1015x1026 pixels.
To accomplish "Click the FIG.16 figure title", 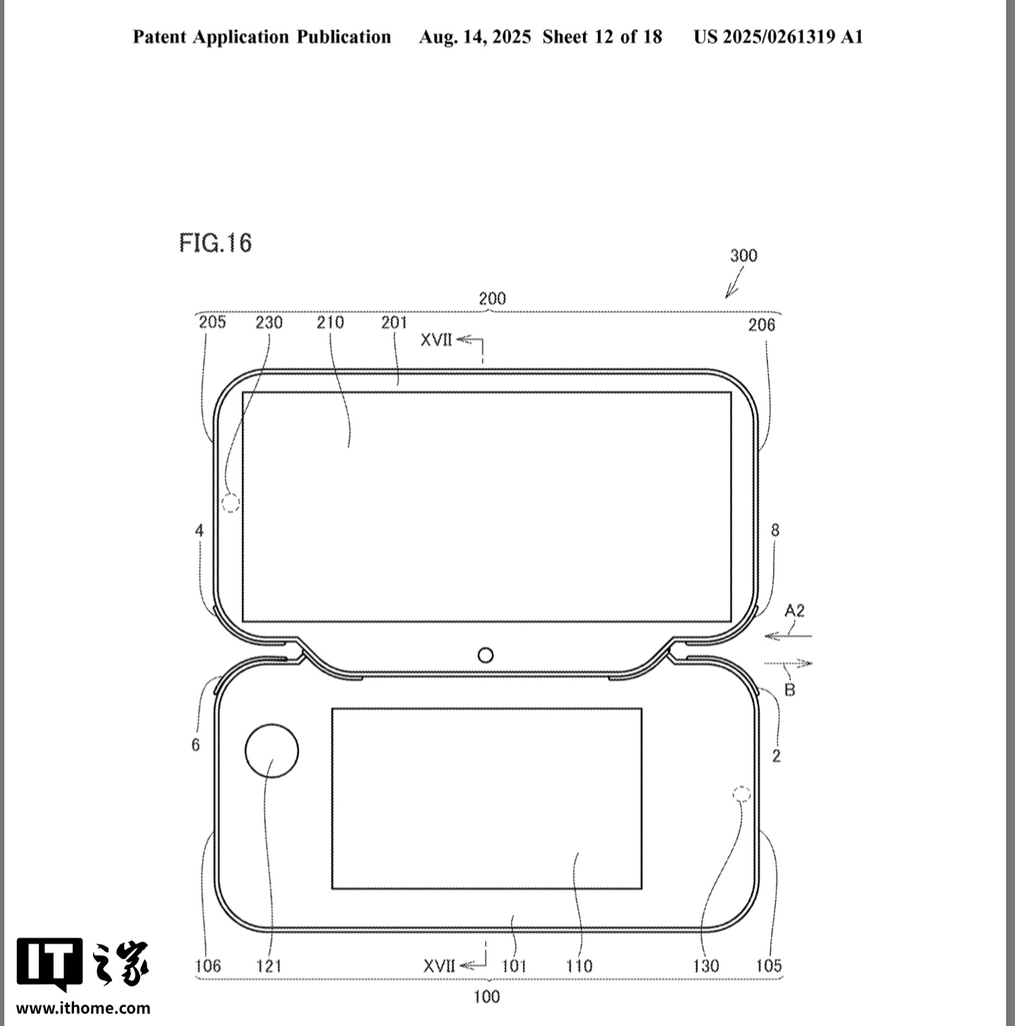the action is coord(215,243).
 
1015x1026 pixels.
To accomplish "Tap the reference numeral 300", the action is coord(743,256).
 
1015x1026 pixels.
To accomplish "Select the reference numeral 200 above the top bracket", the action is coord(492,299).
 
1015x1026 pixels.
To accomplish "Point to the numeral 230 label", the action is coord(269,322).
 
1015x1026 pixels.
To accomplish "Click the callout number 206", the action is coord(761,325).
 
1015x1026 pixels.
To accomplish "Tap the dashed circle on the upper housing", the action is coord(230,502).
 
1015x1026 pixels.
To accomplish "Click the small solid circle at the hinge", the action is coord(486,655).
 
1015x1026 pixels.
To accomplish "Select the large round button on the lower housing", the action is coord(272,750).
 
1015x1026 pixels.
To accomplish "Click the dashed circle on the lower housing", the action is coord(742,794).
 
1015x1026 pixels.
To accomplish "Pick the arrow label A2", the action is coord(794,611).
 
